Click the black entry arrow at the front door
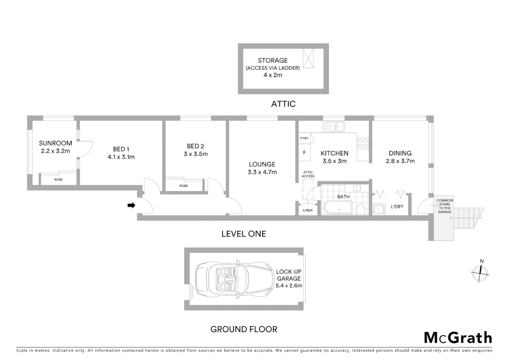(x=131, y=205)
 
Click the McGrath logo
(x=458, y=338)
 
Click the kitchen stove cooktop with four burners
(x=362, y=143)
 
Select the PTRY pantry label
(x=304, y=138)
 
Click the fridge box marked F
(x=304, y=153)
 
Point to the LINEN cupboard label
(x=307, y=210)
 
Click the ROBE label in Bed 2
(x=184, y=186)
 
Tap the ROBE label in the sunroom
(x=58, y=180)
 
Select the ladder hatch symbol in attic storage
(x=308, y=58)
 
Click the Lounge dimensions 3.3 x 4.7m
(x=262, y=172)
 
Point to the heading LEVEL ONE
(x=244, y=234)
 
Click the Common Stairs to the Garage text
(x=444, y=206)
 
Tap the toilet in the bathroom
(x=360, y=209)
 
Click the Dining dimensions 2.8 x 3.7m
(x=400, y=161)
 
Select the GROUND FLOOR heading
(x=244, y=329)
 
